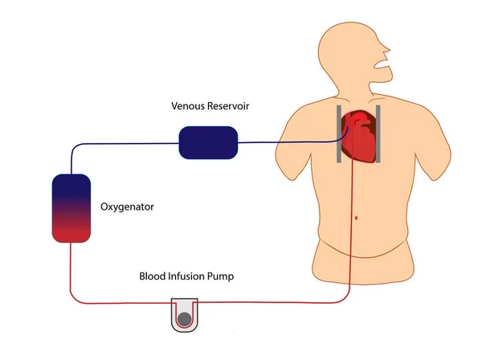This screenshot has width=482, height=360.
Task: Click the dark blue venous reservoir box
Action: tap(208, 142)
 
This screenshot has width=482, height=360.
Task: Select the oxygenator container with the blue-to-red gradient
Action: tap(70, 207)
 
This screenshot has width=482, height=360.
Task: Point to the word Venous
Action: tap(189, 106)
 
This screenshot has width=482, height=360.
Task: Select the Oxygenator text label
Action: tap(127, 207)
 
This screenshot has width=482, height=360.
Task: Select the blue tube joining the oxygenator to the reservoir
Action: tap(120, 145)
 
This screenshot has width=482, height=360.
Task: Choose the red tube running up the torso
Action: tap(352, 241)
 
